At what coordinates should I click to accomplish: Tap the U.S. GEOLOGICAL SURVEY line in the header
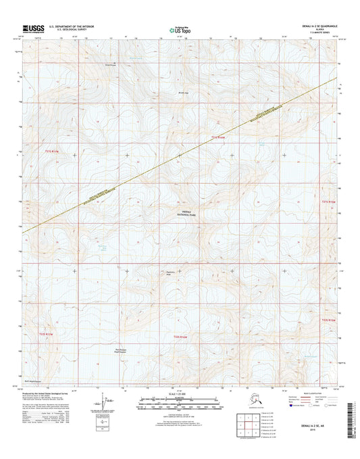66,29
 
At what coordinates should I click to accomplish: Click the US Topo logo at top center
180,28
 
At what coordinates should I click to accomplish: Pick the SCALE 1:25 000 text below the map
180,396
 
